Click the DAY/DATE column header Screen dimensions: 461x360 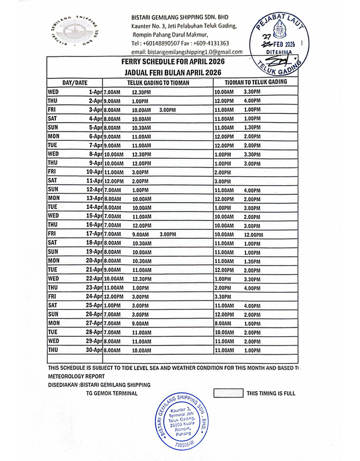pyautogui.click(x=75, y=83)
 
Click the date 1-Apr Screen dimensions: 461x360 pyautogui.click(x=94, y=92)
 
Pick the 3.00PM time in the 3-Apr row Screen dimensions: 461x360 pyautogui.click(x=167, y=110)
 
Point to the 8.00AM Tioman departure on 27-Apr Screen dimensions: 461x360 pyautogui.click(x=223, y=322)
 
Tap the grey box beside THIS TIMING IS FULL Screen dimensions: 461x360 pyautogui.click(x=227, y=393)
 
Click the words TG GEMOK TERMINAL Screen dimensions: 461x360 pyautogui.click(x=112, y=394)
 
